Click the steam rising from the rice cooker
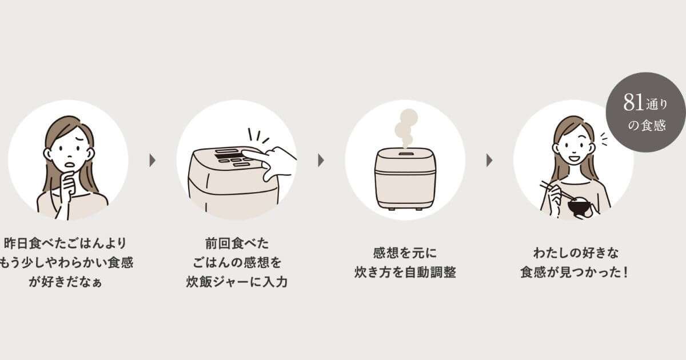(407, 127)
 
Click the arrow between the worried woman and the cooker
(153, 161)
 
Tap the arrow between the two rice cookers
(321, 161)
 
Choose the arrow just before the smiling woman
(489, 161)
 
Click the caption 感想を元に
(405, 253)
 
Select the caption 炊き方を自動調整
(405, 272)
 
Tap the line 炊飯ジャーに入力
(236, 282)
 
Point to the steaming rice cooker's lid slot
(405, 154)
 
